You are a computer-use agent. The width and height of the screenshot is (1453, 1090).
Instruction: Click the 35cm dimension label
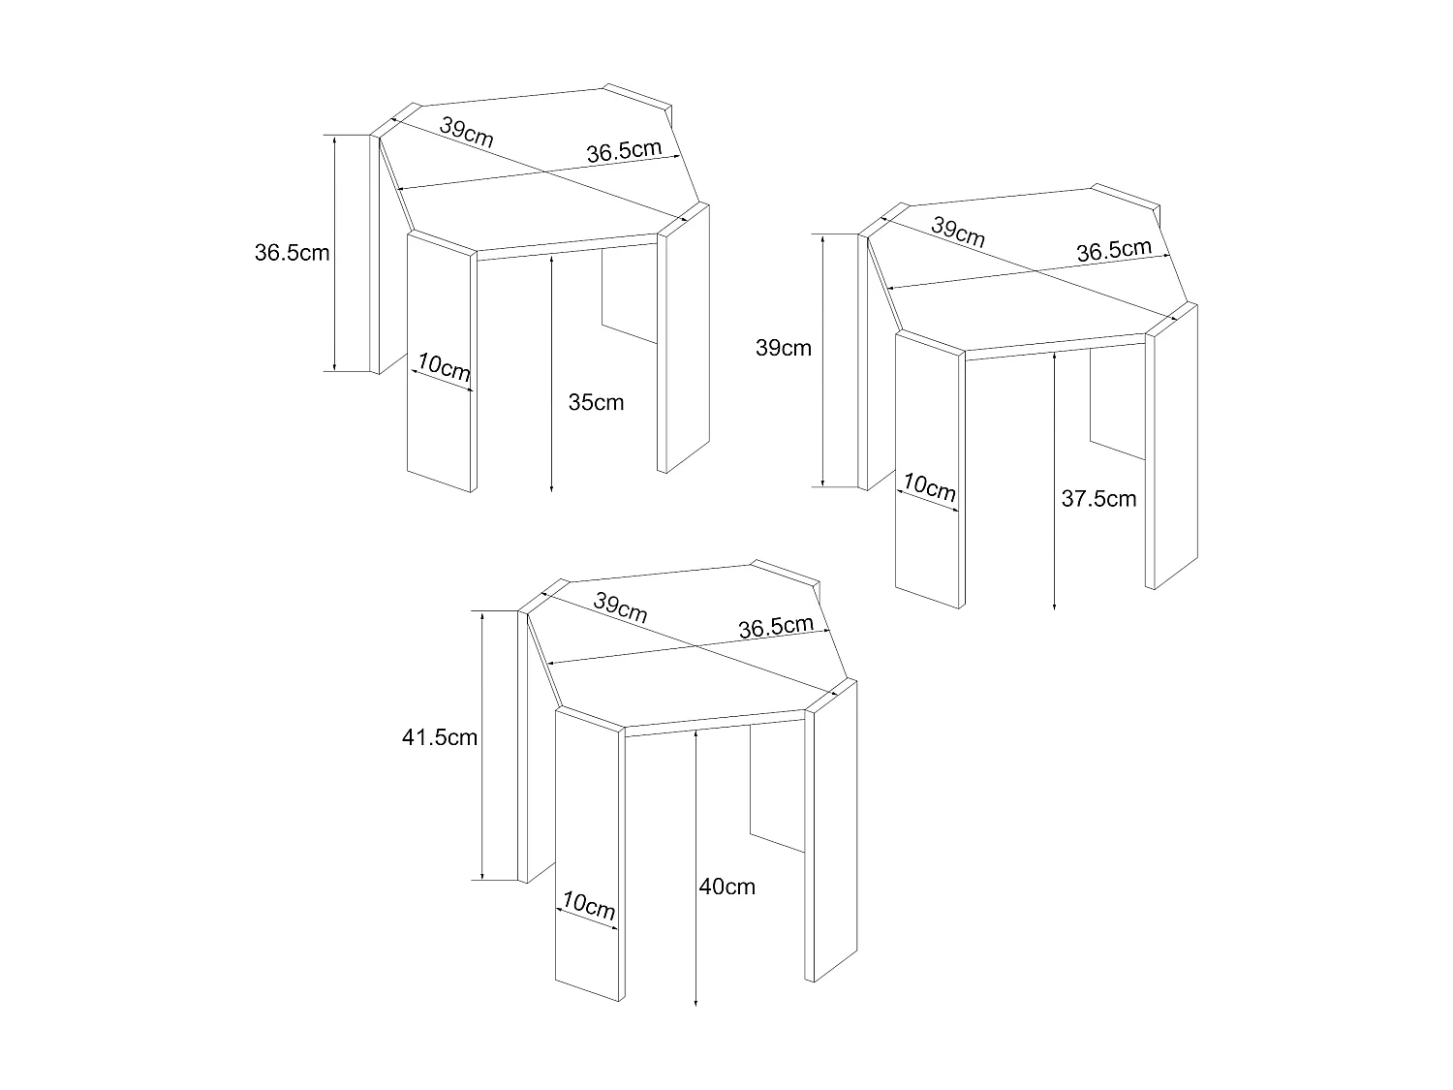pos(596,402)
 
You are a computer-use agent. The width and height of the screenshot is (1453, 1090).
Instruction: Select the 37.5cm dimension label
pos(1098,499)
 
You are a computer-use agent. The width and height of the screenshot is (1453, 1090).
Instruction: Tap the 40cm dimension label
pos(726,887)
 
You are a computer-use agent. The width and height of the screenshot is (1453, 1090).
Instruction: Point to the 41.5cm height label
pos(440,738)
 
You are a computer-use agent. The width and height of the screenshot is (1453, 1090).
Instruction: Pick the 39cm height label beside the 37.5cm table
pos(783,348)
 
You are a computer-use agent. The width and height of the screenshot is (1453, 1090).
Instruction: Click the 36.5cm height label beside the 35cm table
pos(292,254)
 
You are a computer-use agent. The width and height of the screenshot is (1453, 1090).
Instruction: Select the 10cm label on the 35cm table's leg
pos(445,368)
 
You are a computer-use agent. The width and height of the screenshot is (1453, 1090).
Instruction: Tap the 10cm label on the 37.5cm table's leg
pos(930,487)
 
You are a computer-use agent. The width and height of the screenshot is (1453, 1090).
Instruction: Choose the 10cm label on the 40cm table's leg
pos(589,907)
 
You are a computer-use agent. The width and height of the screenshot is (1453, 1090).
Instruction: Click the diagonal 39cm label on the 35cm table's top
pos(466,132)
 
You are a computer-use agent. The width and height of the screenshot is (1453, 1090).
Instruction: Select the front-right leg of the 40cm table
pos(833,833)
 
